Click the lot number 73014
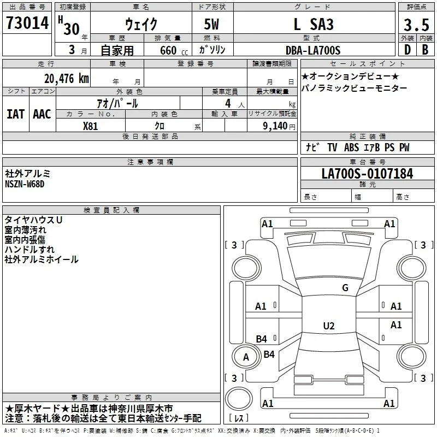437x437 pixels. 27,22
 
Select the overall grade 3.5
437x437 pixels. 416,25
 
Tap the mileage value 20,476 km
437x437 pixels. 67,79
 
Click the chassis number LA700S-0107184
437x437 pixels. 367,174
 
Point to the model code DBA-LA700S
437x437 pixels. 313,50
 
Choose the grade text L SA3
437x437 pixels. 314,24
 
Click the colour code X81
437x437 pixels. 90,126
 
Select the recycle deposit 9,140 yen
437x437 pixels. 279,126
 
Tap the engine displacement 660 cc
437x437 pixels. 174,51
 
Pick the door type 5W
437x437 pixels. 211,24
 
